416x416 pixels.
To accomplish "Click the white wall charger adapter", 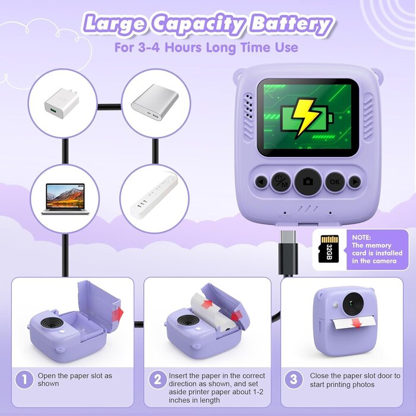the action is pos(62,103).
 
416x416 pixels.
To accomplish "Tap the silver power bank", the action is pos(155,102).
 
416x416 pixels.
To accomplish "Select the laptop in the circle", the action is pos(65,198).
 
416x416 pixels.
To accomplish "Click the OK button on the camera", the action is pos(335,182).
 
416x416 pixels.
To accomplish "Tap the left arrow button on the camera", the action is pos(261,182).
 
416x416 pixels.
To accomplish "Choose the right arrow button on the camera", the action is pos(355,182).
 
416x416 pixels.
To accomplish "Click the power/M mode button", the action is pos(281,182).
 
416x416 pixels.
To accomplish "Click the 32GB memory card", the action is pos(329,249).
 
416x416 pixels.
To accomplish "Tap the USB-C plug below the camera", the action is pos(288,252).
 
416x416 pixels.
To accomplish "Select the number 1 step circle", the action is pos(24,380).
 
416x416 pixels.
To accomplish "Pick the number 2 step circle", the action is pos(157,380).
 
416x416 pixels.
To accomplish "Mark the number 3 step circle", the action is pos(294,380).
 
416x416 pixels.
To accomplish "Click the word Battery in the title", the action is pos(291,24).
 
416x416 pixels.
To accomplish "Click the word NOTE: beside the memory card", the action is pos(361,238).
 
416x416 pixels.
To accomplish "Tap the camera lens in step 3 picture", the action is pos(353,304).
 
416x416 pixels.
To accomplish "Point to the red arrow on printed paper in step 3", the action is pos(357,323).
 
